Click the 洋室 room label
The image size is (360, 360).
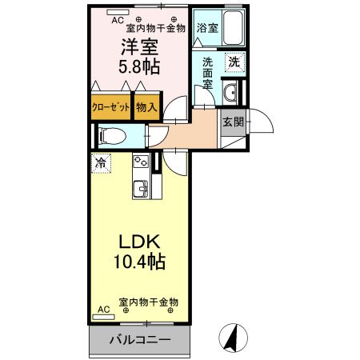click(138, 48)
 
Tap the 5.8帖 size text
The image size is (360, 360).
click(138, 67)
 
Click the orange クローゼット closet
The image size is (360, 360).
click(111, 106)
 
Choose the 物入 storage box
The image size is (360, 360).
click(146, 106)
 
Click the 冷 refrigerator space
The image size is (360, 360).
click(101, 162)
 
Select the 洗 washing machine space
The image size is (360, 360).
click(233, 62)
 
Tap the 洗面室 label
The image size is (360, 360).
click(207, 73)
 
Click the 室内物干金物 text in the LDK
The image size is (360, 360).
click(148, 302)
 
